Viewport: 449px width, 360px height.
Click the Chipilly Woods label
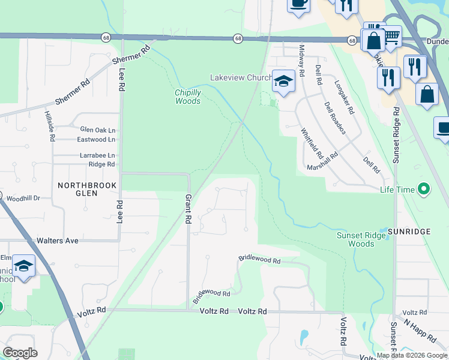point(188,97)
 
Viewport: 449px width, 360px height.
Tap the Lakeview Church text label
point(240,78)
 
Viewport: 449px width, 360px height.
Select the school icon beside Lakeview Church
point(283,81)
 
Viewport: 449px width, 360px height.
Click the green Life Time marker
point(424,190)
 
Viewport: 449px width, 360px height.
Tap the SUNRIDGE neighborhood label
point(408,231)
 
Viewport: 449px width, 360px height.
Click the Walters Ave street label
point(58,241)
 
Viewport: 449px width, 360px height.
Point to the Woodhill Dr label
point(23,197)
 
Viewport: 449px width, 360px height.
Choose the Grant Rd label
point(188,209)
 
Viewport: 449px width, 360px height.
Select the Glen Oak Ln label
point(97,129)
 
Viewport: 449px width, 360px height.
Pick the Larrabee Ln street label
point(97,155)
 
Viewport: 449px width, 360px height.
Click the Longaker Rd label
point(345,98)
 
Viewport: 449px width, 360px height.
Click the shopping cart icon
point(392,37)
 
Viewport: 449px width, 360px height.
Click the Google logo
point(20,353)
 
